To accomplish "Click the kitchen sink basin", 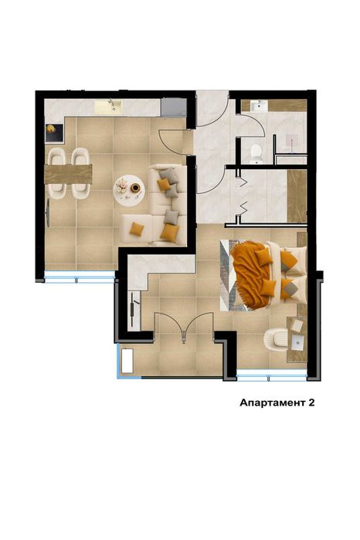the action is click(x=109, y=107).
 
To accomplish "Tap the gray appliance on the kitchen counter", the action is click(x=174, y=107).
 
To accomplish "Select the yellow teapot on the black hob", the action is click(x=51, y=129).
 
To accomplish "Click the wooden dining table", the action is click(x=68, y=174).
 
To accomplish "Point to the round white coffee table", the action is click(x=129, y=191).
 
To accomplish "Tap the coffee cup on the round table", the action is click(x=135, y=188).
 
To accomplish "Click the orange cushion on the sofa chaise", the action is click(x=137, y=229).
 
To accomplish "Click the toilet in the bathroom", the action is click(x=256, y=154).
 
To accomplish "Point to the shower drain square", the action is click(x=292, y=141).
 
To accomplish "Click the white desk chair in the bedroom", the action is click(x=276, y=340).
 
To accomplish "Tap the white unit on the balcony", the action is click(x=127, y=361).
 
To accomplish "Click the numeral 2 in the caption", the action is click(x=311, y=403).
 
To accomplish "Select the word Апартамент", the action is click(x=272, y=403).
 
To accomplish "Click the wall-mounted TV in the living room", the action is click(x=48, y=213).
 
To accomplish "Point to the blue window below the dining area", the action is click(x=80, y=277).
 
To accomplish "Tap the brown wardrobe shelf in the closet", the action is click(x=297, y=196).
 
